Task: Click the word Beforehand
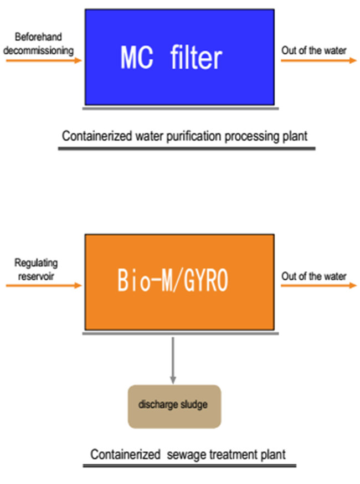click(x=38, y=37)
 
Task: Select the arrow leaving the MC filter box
click(x=318, y=60)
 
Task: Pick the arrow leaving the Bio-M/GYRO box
click(x=318, y=286)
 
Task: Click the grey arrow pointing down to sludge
click(x=173, y=359)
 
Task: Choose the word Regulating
click(x=36, y=263)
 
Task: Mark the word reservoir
click(x=35, y=276)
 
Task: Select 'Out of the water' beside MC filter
click(x=314, y=50)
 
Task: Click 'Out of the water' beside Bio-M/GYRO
click(x=314, y=276)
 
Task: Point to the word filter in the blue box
click(x=197, y=57)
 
